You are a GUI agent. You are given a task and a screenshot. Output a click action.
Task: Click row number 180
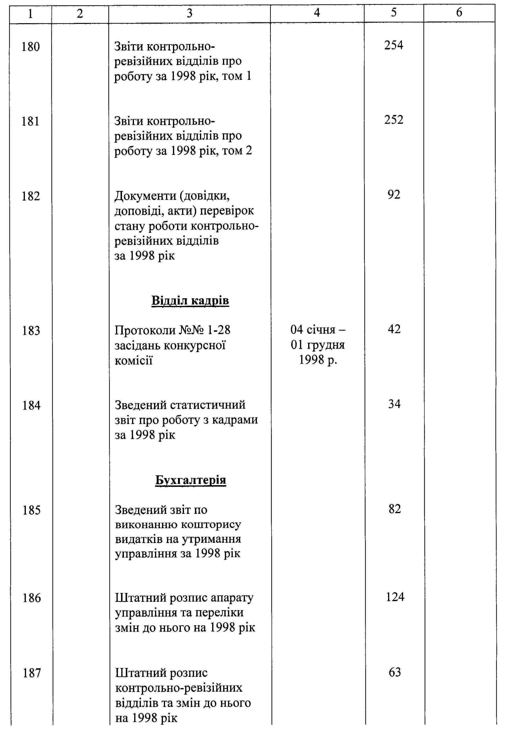pyautogui.click(x=31, y=47)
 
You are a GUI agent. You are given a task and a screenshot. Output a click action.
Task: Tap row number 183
pyautogui.click(x=31, y=331)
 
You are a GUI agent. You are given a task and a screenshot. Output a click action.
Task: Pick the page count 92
pyautogui.click(x=394, y=195)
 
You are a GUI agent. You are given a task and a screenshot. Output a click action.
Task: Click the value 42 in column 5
pyautogui.click(x=394, y=329)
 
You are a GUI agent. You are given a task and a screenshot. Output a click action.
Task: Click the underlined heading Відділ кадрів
pyautogui.click(x=190, y=300)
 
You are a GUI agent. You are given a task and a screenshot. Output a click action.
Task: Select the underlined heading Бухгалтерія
pyautogui.click(x=191, y=480)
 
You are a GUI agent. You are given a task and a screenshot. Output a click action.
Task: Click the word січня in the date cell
pyautogui.click(x=321, y=330)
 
